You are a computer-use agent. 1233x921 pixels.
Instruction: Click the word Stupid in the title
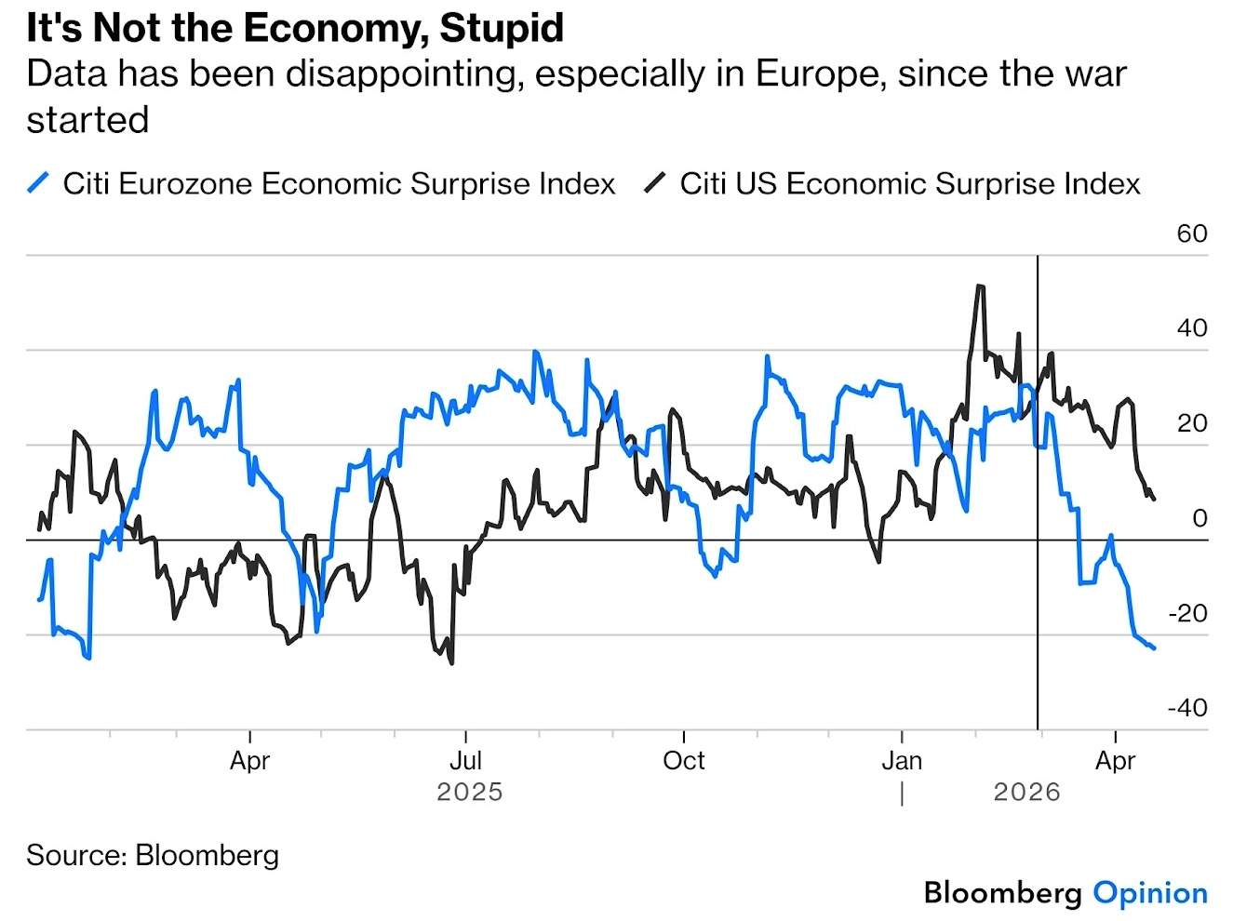502,28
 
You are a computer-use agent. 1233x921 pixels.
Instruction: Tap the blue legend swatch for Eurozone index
38,183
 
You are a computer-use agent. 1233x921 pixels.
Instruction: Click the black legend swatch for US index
655,183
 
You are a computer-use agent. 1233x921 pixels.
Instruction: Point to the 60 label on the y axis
1191,234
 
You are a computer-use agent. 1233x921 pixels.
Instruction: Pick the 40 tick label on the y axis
1191,328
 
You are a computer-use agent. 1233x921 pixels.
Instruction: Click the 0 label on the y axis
1199,518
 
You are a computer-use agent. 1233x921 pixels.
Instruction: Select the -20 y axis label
1187,613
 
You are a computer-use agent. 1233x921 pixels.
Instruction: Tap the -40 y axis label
1187,708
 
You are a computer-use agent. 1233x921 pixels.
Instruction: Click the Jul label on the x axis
465,761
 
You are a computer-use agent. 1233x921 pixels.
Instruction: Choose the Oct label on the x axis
684,761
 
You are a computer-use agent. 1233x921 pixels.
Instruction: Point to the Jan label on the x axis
902,761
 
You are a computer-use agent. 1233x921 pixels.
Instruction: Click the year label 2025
469,793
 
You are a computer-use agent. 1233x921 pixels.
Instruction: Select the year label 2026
1026,793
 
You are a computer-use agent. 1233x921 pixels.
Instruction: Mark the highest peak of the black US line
980,287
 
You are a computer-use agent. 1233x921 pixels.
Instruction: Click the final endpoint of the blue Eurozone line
1154,647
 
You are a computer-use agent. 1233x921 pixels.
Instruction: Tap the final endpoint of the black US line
1154,500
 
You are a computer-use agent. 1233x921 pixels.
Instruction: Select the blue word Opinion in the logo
1150,893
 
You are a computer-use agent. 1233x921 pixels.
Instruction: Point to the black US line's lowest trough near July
452,662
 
